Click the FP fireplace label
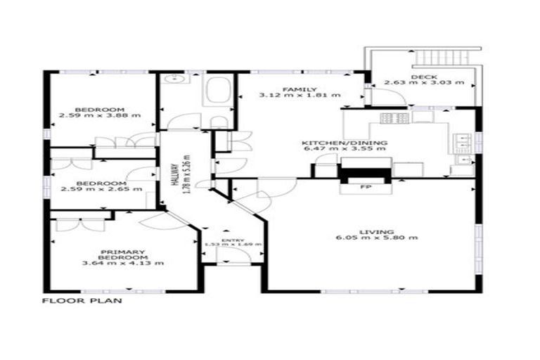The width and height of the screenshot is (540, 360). (366, 188)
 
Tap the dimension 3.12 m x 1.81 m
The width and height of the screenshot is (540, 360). (300, 95)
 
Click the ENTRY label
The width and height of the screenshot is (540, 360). (231, 240)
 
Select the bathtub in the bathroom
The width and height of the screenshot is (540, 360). (217, 91)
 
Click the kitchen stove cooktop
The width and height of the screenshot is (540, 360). (394, 118)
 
